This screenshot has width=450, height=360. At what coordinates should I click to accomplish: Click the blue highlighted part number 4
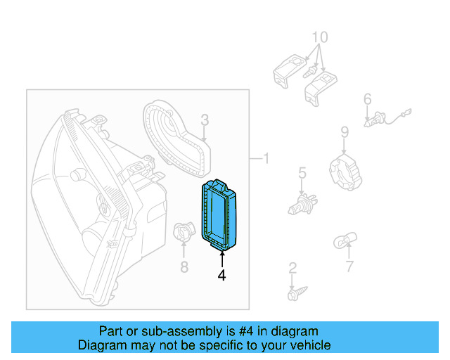point(220,214)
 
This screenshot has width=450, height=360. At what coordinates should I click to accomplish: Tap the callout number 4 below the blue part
point(222,276)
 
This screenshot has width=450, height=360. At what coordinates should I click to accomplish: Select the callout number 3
point(204,120)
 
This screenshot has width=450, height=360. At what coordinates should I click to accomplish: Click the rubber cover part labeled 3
point(176,137)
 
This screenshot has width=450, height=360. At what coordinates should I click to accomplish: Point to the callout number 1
point(266,159)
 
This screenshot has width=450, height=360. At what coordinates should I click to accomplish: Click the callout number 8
point(184,266)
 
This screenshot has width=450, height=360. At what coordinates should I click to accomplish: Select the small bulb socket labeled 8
point(182,231)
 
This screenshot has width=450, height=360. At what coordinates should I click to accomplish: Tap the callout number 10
point(320,37)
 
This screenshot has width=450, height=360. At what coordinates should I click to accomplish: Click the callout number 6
point(367,100)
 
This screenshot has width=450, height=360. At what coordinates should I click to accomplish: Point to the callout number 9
point(345,131)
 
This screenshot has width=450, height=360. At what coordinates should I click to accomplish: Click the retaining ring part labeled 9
point(345,172)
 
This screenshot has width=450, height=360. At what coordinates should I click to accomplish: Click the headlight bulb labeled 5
point(302,205)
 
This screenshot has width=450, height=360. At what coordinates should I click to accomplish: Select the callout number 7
point(349,266)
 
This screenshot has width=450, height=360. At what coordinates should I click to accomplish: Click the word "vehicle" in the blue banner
point(305,345)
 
